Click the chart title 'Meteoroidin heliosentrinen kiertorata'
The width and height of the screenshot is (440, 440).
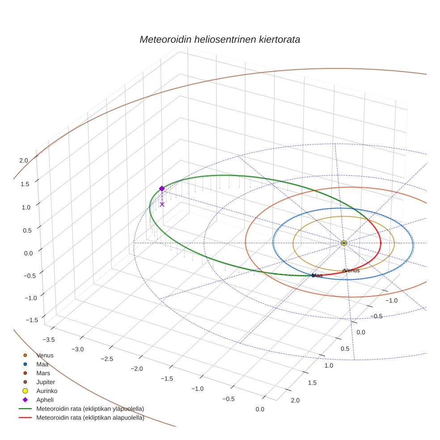(220, 39)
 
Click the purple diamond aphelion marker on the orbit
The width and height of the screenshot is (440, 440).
(162, 189)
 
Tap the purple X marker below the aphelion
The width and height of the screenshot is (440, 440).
(162, 204)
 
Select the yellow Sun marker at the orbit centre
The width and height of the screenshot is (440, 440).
(344, 243)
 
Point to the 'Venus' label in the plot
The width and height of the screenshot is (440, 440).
(352, 271)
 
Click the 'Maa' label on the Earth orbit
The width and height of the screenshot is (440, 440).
(318, 275)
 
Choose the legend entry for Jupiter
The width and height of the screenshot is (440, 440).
(46, 382)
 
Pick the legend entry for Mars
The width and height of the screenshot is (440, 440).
(43, 373)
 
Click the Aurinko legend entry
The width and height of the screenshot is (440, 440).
(47, 391)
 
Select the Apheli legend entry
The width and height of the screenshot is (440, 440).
(45, 400)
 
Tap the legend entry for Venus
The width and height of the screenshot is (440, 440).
(45, 355)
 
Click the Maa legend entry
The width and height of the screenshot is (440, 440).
(42, 364)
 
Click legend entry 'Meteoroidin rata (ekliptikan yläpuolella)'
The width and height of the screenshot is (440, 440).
(90, 409)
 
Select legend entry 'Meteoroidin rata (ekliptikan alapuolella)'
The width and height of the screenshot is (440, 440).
(90, 418)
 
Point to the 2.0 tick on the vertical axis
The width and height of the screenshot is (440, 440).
(24, 161)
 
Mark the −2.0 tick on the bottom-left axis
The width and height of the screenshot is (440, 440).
(136, 368)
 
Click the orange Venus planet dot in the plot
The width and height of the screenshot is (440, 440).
(344, 271)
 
